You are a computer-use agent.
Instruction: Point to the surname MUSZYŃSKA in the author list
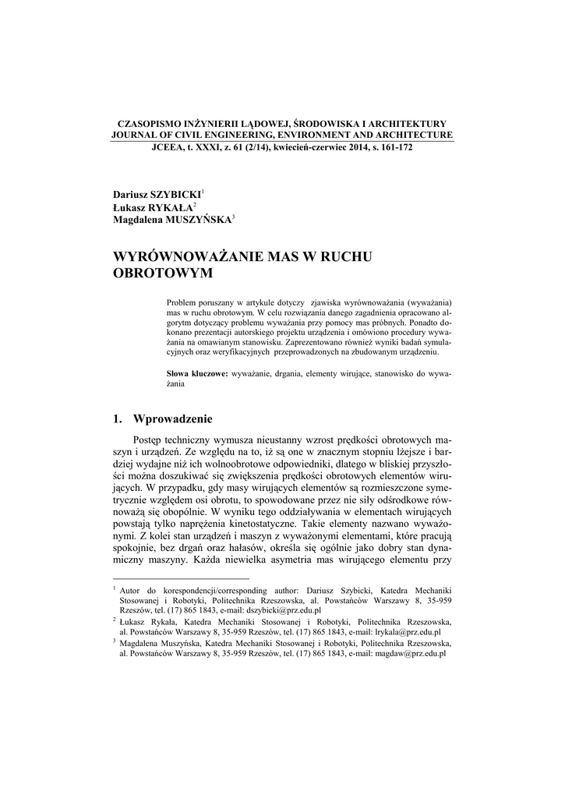pyautogui.click(x=198, y=221)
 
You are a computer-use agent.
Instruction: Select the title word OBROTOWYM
pyautogui.click(x=163, y=275)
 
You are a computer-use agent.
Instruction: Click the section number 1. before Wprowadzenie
pyautogui.click(x=118, y=419)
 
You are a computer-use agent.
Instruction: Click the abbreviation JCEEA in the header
pyautogui.click(x=167, y=147)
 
